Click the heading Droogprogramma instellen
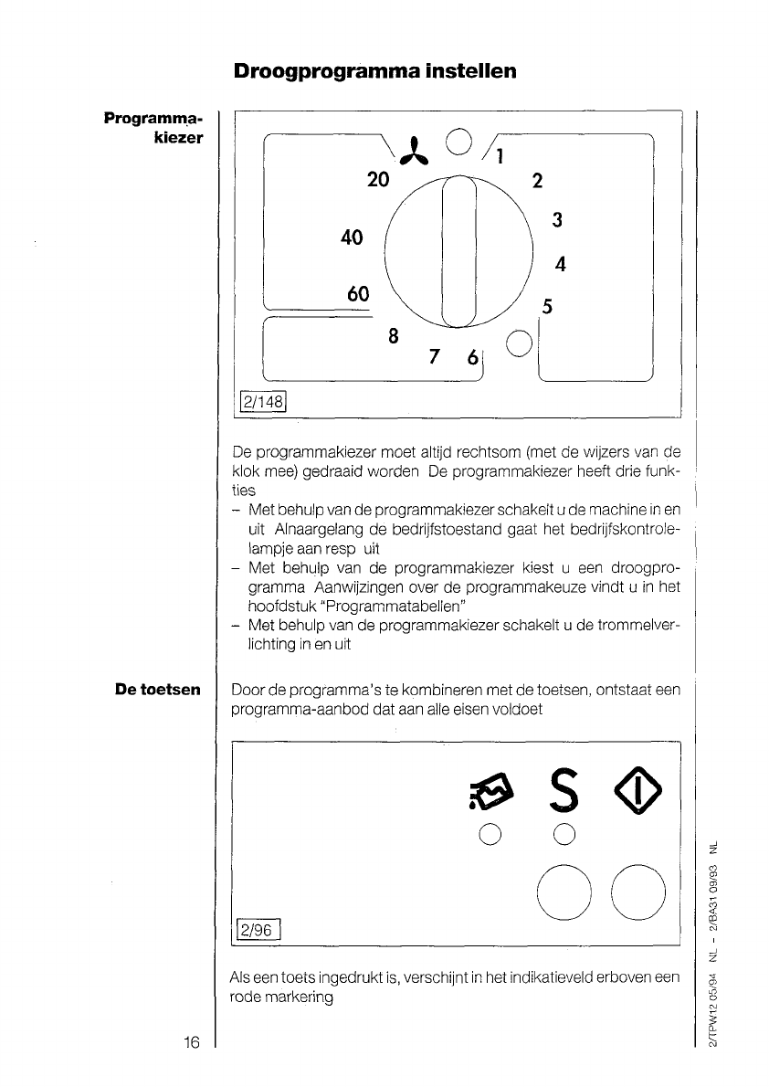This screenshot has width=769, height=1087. (375, 70)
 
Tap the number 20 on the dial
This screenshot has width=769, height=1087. (378, 180)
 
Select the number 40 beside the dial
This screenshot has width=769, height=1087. (352, 237)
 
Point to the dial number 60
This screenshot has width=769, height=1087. (357, 294)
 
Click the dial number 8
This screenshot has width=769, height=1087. (393, 335)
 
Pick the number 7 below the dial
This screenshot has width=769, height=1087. (435, 355)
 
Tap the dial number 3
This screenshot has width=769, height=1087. (556, 220)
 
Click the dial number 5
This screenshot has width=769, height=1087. (547, 308)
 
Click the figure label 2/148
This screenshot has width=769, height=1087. (262, 401)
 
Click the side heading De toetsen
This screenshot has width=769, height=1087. (157, 690)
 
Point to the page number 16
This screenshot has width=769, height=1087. (190, 1042)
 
